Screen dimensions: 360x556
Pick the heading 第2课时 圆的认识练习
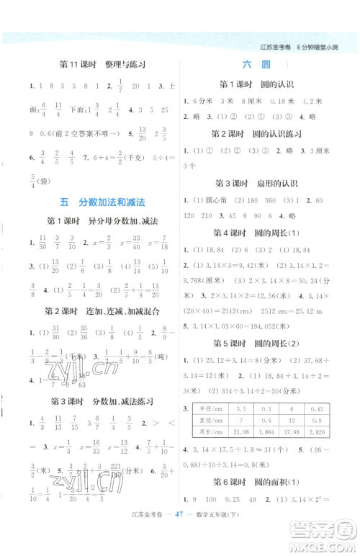point(266,134)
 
